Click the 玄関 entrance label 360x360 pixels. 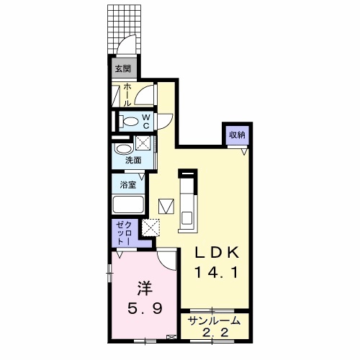click(123, 69)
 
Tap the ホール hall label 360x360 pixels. click(127, 95)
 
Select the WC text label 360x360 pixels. click(146, 122)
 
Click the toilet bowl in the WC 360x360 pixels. click(130, 122)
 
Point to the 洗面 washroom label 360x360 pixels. click(133, 160)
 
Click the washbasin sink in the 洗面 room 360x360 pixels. click(124, 149)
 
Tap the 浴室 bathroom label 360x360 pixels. click(128, 185)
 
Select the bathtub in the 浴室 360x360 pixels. click(128, 204)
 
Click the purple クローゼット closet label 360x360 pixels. click(124, 233)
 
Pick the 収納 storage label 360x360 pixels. click(237, 135)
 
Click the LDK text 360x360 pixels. click(217, 253)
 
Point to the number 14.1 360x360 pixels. click(217, 273)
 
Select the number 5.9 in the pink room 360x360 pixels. click(145, 308)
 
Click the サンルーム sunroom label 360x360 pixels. click(215, 320)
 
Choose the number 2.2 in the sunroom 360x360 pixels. click(215, 333)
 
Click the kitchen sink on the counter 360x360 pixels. click(187, 217)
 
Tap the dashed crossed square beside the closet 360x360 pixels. click(150, 228)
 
